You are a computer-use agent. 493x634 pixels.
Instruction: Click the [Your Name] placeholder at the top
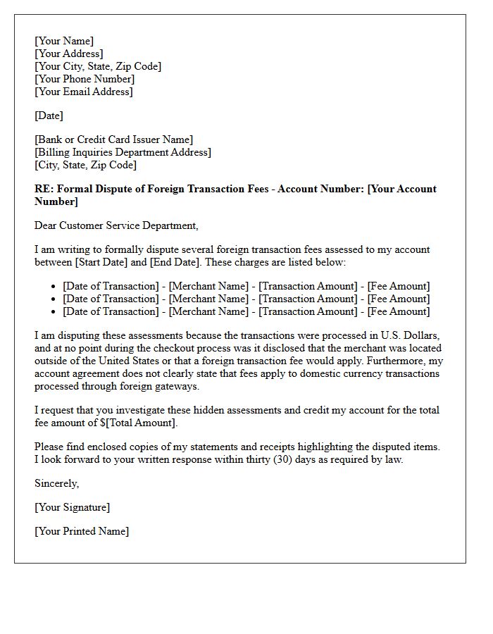click(64, 41)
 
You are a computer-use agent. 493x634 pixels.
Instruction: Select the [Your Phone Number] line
click(85, 79)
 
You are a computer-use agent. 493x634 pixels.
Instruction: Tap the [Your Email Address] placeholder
click(84, 92)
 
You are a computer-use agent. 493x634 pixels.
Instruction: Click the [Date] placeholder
click(49, 116)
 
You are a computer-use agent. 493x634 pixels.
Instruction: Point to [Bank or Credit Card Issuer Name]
click(113, 139)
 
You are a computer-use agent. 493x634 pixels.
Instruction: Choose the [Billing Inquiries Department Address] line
click(123, 152)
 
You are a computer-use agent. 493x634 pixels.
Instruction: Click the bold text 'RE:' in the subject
click(44, 189)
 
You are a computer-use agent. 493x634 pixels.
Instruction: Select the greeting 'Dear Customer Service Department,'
click(116, 225)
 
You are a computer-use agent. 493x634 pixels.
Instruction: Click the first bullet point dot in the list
click(54, 287)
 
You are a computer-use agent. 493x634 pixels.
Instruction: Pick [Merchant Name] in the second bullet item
click(208, 299)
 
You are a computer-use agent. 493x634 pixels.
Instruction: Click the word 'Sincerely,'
click(57, 483)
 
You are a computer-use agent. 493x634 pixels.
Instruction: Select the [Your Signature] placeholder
click(73, 507)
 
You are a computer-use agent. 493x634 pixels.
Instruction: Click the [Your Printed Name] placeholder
click(82, 531)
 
